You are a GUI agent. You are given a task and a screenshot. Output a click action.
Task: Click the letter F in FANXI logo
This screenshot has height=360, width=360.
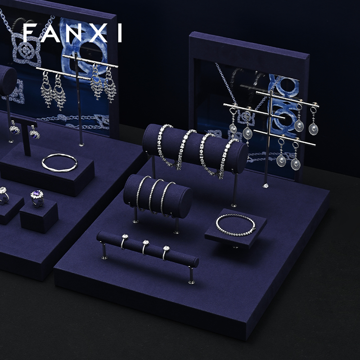(x=30, y=33)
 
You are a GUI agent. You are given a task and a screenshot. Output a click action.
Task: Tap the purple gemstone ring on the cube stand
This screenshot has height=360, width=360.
(x=37, y=197)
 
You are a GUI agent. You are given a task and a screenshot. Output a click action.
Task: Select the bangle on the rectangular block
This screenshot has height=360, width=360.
(x=59, y=162)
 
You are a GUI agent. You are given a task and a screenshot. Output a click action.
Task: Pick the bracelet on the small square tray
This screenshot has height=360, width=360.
(x=235, y=225)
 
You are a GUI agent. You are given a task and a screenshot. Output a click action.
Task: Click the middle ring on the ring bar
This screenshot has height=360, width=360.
(x=145, y=246)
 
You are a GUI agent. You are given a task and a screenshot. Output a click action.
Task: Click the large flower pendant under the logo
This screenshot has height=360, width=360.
(x=26, y=49)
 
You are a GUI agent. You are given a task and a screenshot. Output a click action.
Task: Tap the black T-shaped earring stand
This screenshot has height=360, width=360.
(x=26, y=136)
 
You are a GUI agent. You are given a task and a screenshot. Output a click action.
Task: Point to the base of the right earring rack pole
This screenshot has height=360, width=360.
(x=265, y=185)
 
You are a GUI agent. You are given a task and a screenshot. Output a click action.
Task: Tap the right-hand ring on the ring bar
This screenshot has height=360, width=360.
(x=166, y=252)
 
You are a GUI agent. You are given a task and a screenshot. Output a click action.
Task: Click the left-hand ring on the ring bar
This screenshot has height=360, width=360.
(x=124, y=241)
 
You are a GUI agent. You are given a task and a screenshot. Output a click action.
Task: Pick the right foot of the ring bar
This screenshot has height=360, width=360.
(x=191, y=275)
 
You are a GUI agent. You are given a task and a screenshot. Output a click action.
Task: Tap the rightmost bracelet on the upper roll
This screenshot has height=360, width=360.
(x=226, y=158)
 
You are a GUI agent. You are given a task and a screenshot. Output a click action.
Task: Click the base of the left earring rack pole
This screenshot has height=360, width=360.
(x=81, y=144)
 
